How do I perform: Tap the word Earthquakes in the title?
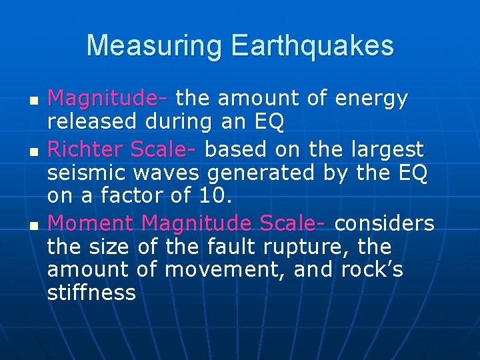click(x=312, y=45)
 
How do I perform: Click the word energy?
click(x=372, y=99)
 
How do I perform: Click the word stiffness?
click(x=91, y=293)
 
